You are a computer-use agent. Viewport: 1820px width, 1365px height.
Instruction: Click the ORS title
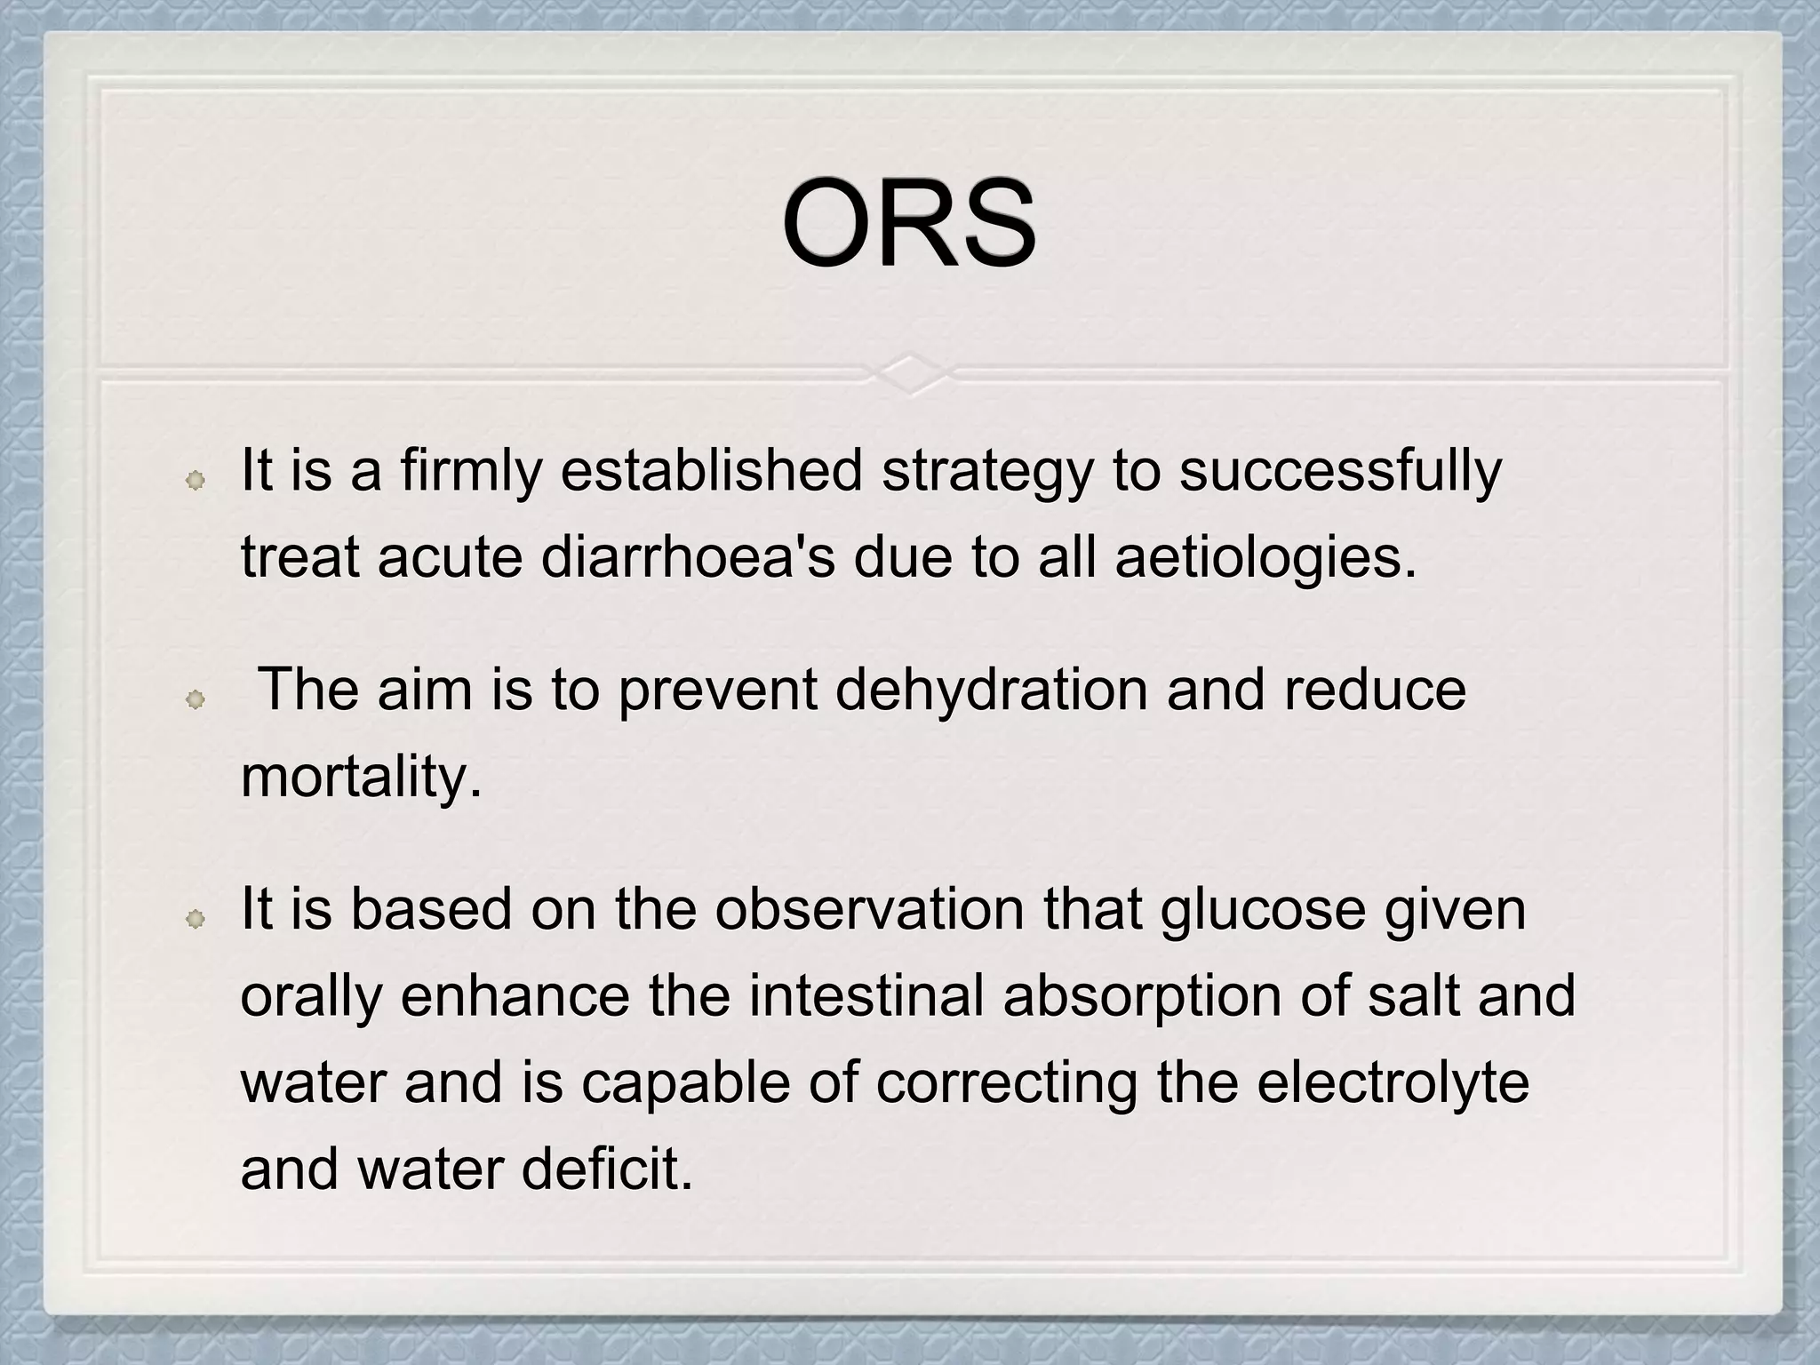908,223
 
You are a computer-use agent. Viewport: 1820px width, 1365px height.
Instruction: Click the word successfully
1340,470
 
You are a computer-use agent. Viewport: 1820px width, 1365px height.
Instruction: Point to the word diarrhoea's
687,557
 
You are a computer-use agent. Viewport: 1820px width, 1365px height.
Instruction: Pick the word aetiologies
1265,557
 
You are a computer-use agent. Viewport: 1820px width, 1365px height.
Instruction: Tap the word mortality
361,777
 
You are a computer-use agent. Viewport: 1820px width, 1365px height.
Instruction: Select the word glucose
1262,909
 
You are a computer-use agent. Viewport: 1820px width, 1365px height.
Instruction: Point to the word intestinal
866,995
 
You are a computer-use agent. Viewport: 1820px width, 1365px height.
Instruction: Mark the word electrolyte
1393,1082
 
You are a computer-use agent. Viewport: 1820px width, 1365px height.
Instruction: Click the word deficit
606,1169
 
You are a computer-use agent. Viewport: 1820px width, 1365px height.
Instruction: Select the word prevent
716,690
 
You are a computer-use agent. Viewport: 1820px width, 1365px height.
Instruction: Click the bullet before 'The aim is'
195,701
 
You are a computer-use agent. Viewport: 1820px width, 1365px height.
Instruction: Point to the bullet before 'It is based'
195,920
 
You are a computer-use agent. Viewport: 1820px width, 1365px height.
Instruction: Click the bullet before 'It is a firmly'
195,481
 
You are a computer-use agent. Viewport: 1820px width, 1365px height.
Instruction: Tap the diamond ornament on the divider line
909,374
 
